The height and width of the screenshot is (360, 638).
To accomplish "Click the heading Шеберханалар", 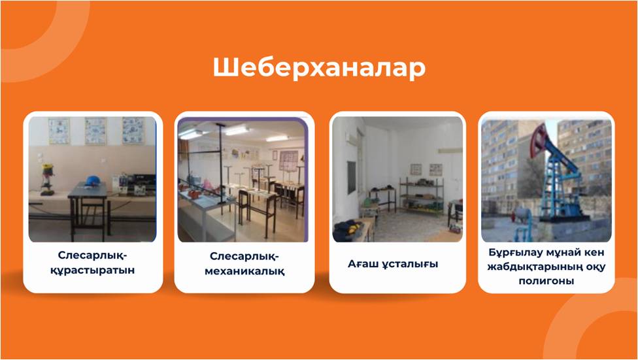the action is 319,67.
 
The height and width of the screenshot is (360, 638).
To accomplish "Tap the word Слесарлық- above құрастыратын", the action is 92,255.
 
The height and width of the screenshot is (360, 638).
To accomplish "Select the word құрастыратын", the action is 92,270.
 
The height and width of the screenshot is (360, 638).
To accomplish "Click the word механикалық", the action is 244,271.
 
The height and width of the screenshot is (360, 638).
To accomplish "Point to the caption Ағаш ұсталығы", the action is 393,264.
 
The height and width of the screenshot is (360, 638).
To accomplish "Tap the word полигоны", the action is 546,281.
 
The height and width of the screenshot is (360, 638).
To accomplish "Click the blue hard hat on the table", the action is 93,180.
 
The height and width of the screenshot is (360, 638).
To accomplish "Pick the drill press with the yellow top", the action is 48,179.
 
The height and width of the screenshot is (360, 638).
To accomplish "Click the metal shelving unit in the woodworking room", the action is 421,195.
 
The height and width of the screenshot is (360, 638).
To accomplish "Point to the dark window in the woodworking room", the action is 351,177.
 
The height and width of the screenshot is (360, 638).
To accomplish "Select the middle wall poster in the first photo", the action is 95,131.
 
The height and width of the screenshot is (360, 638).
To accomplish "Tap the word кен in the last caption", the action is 594,253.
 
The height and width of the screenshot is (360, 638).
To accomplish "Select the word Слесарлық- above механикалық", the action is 244,257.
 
